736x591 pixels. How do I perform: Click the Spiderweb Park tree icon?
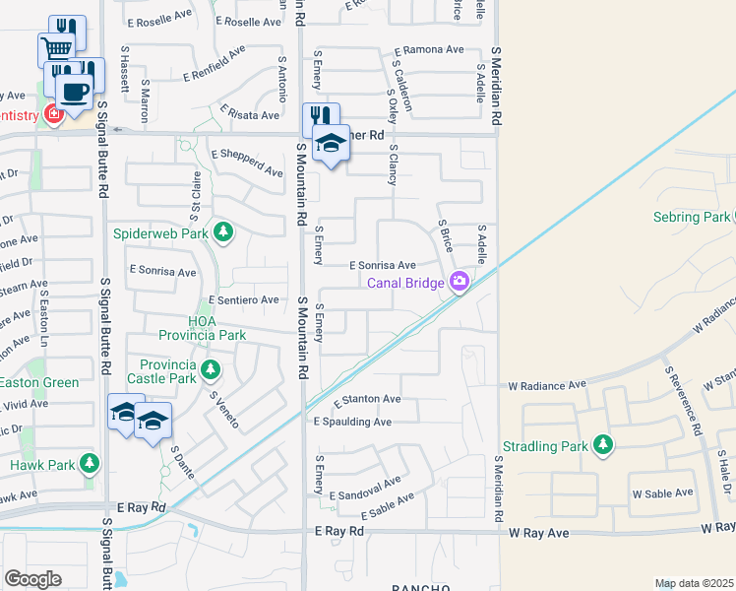pos(224,232)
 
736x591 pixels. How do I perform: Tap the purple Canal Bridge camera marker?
pos(459,283)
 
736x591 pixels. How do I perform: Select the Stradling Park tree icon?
pos(602,446)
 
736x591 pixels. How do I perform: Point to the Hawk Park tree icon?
pos(90,463)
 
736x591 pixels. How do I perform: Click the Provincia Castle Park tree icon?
pos(210,370)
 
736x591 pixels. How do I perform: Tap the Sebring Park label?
pos(690,217)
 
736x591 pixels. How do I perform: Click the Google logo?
pos(32,579)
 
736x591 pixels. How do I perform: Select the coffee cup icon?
pos(73,91)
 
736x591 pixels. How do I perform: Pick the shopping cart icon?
pos(57,48)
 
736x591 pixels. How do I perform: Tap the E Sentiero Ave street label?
pos(244,299)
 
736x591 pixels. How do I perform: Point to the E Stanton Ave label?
pos(366,400)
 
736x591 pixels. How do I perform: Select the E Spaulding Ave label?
pos(352,422)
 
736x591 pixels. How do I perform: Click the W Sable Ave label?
pos(662,492)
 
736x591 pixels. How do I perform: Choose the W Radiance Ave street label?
pos(546,384)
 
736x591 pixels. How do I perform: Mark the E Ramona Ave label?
pos(428,49)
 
